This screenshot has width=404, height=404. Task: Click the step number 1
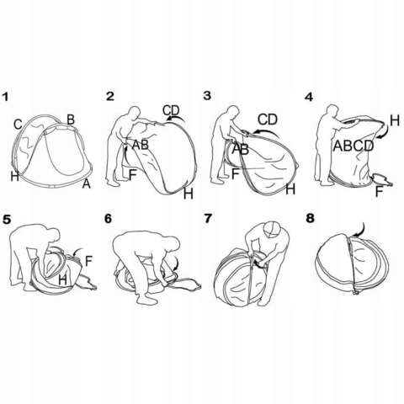pyautogui.click(x=6, y=98)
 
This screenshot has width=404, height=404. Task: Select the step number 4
pyautogui.click(x=309, y=98)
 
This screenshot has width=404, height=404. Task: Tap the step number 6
pyautogui.click(x=108, y=219)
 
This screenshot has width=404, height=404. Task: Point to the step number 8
pyautogui.click(x=311, y=219)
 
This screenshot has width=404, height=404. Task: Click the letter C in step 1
pyautogui.click(x=18, y=125)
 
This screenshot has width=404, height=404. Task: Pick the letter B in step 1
pyautogui.click(x=71, y=120)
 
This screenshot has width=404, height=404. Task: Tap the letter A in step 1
pyautogui.click(x=87, y=184)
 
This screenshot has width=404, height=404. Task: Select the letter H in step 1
pyautogui.click(x=14, y=177)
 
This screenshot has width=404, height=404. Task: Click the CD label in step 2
pyautogui.click(x=171, y=110)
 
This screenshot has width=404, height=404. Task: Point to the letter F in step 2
pyautogui.click(x=133, y=175)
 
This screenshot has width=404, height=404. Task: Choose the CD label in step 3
pyautogui.click(x=268, y=120)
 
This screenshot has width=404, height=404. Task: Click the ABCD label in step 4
pyautogui.click(x=353, y=146)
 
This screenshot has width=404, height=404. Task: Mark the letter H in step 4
pyautogui.click(x=395, y=120)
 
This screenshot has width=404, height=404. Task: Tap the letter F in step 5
pyautogui.click(x=88, y=261)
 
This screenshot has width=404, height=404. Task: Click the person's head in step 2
pyautogui.click(x=135, y=112)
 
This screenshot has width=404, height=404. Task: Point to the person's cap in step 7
pyautogui.click(x=272, y=229)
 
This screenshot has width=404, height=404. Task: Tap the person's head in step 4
pyautogui.click(x=333, y=111)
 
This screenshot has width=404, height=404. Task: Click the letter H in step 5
pyautogui.click(x=63, y=280)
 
